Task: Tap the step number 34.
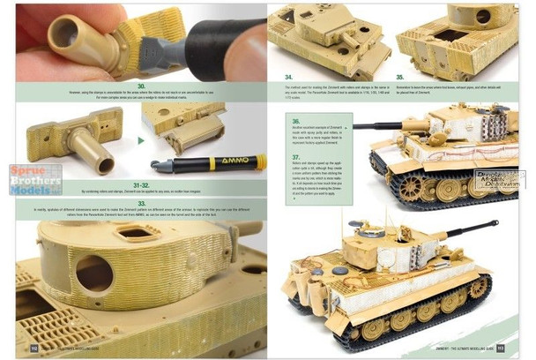[x=288, y=79]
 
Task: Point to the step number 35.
[x=401, y=79]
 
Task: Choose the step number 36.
[x=296, y=121]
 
